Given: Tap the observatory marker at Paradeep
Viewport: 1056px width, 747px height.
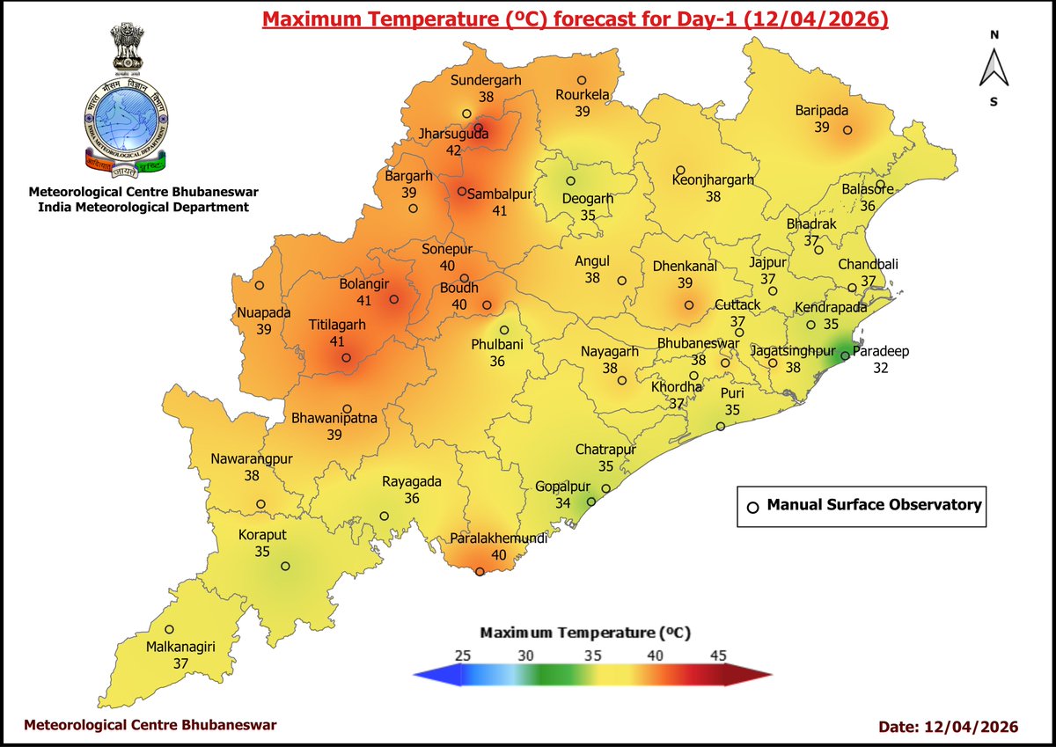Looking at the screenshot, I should pos(844,356).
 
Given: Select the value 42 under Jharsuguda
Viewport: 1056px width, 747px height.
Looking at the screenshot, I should pos(453,150).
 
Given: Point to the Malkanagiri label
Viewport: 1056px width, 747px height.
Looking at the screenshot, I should pos(180,648).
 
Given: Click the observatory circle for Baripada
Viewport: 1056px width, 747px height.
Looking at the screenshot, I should pos(847,130).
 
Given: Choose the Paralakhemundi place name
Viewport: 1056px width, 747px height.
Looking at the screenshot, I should pos(498,538).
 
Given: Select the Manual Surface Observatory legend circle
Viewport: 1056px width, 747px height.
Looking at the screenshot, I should pos(752,507).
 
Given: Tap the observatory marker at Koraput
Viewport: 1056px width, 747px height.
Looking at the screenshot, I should pos(284,567).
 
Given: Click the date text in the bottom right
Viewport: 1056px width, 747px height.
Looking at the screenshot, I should pos(949,726).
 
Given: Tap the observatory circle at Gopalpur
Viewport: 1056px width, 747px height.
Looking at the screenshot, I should pos(591,502).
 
